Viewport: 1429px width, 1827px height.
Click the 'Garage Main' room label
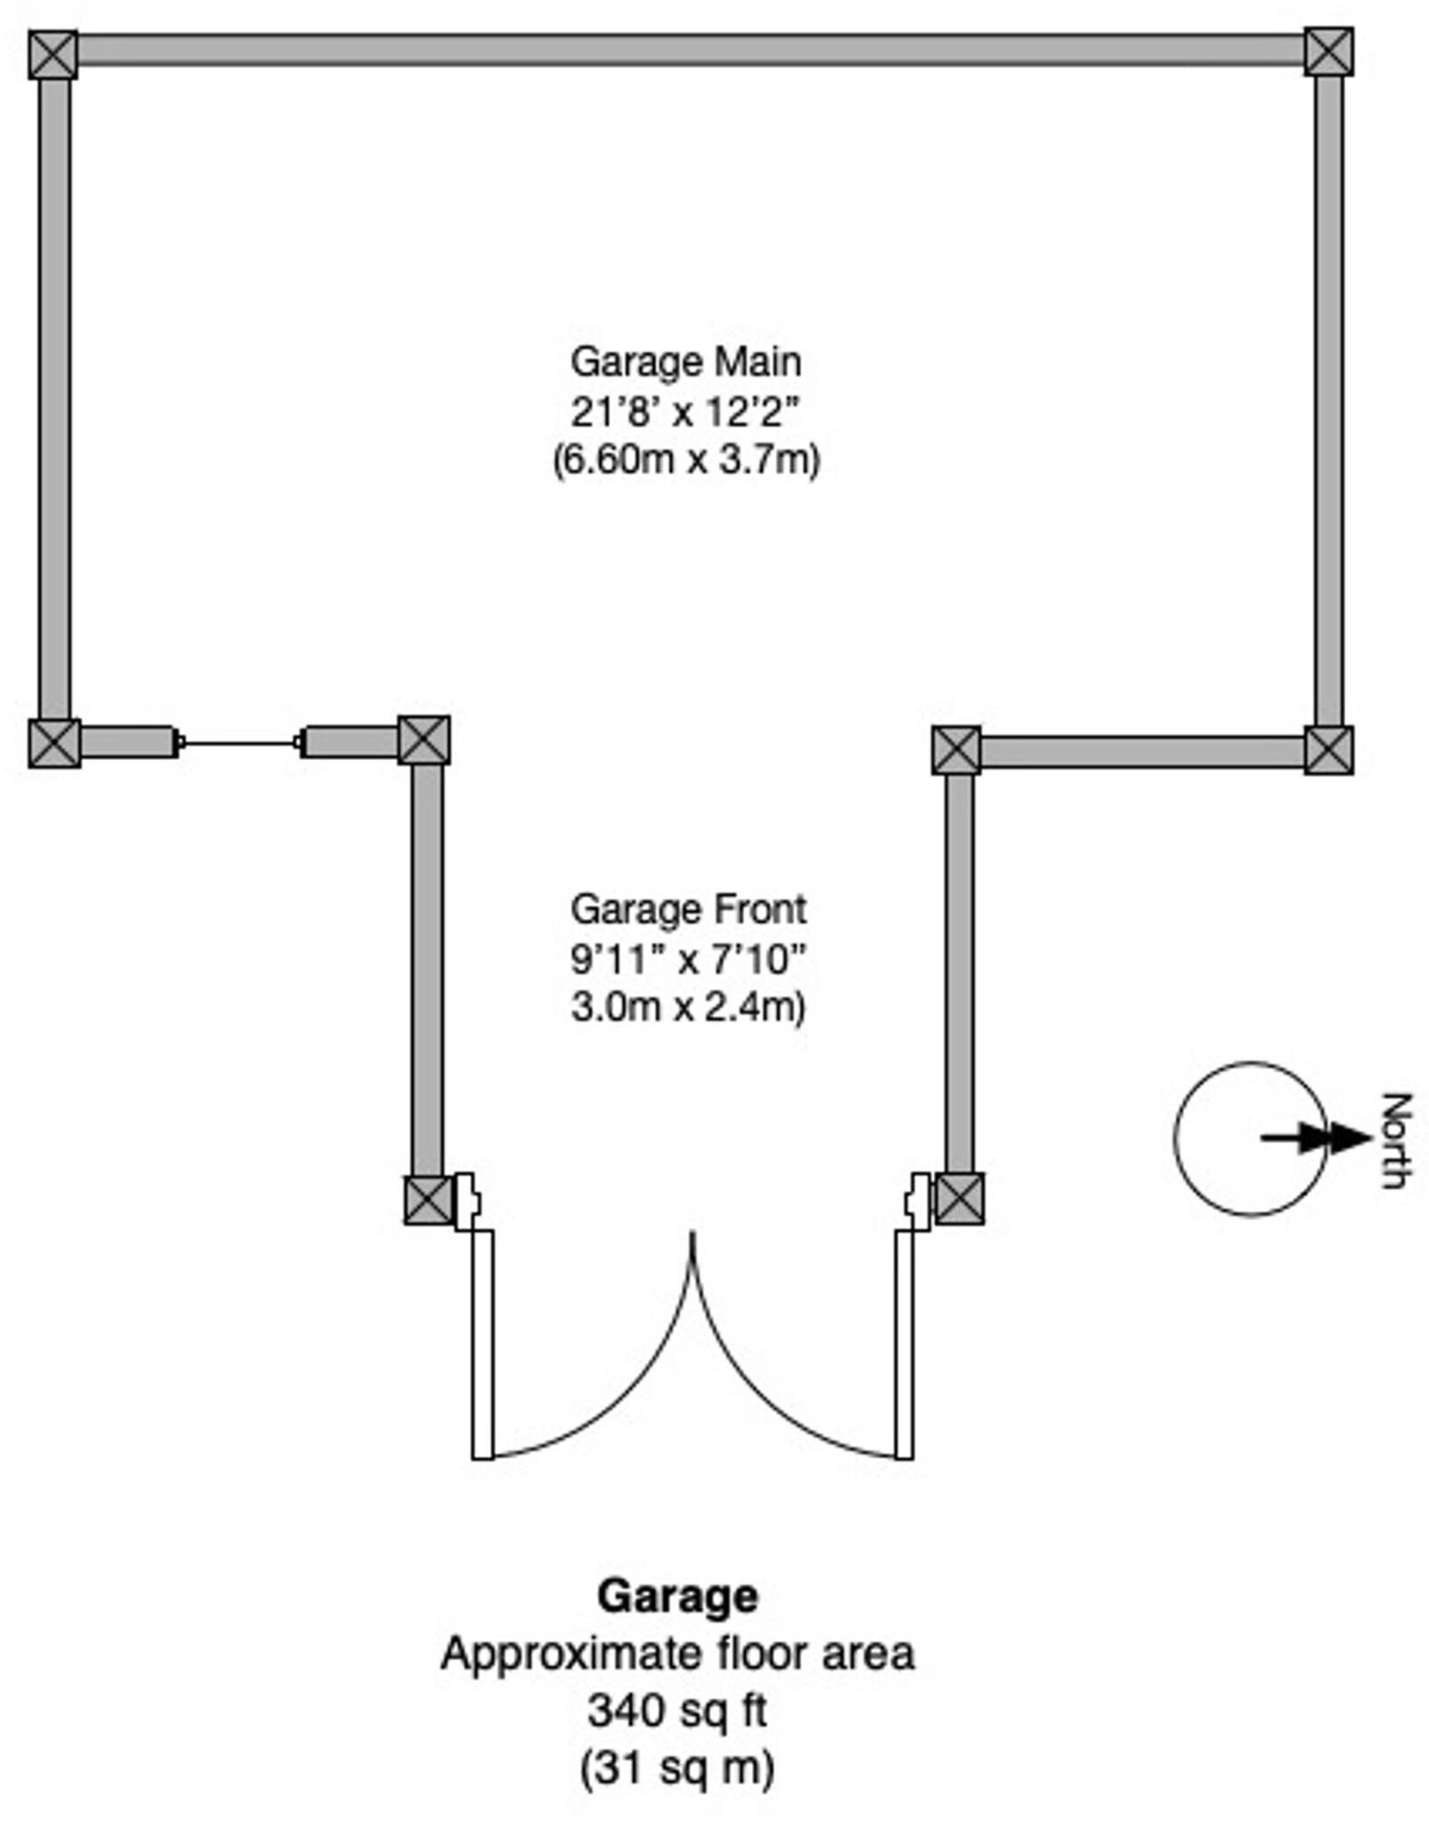tap(685, 362)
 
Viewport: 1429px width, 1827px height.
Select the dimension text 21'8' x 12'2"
tap(685, 412)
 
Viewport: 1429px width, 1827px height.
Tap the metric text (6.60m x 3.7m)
tap(685, 460)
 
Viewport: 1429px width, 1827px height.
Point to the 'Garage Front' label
tap(688, 910)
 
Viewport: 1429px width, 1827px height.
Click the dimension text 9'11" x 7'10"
tap(688, 960)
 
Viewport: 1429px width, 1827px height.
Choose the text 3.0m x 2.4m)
tap(688, 1007)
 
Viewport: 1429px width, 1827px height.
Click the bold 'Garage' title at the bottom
tap(677, 1596)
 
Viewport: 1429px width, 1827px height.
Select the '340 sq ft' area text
tap(677, 1710)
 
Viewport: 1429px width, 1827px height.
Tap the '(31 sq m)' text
tap(677, 1767)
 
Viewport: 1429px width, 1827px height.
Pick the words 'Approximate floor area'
tap(677, 1653)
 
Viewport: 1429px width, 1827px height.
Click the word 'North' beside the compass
tap(1396, 1139)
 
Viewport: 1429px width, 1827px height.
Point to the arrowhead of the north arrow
tap(1351, 1137)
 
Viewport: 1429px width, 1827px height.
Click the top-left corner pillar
tap(53, 54)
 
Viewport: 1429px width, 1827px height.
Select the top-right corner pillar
tap(1328, 51)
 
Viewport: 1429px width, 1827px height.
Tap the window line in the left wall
tap(239, 742)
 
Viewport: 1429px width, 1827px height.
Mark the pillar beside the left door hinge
tap(429, 1200)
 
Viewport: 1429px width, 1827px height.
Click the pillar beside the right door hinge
tap(959, 1198)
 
